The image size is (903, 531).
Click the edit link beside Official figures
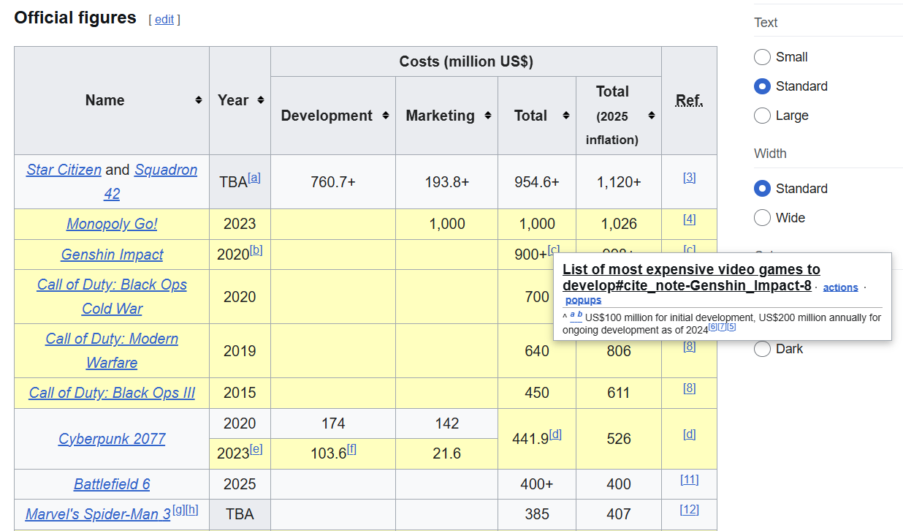(x=164, y=19)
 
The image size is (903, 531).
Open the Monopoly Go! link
(x=112, y=224)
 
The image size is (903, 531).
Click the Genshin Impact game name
(x=112, y=255)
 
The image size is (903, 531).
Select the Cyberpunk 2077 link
(x=112, y=439)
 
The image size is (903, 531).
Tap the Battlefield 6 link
(x=112, y=483)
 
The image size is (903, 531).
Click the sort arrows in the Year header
(x=261, y=100)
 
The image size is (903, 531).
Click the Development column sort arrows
(x=386, y=116)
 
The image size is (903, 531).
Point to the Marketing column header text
(x=441, y=116)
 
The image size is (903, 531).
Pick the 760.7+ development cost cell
(x=333, y=182)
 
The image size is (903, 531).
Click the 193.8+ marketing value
(x=446, y=182)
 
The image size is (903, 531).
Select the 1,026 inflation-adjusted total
(x=619, y=224)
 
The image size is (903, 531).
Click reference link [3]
(x=690, y=178)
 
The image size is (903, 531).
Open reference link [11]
(x=690, y=480)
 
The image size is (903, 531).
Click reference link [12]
(x=690, y=510)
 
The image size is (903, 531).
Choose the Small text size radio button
(x=762, y=57)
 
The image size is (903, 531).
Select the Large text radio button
(x=762, y=116)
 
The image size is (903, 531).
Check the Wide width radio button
(x=762, y=218)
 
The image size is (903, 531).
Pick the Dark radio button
(x=762, y=349)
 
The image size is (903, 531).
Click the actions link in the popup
(x=840, y=287)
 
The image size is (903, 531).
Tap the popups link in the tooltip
(x=583, y=300)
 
